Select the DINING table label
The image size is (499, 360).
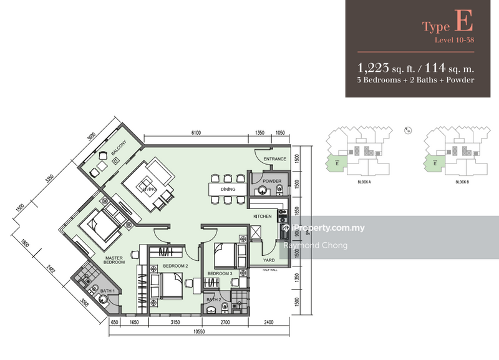(x=226, y=188)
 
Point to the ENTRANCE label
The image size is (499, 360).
(x=274, y=159)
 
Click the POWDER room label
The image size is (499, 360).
(x=272, y=182)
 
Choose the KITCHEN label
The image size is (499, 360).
(x=263, y=216)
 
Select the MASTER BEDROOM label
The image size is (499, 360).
(x=114, y=259)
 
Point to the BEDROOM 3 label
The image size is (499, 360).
(x=220, y=273)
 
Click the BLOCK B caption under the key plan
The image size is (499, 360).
(x=462, y=182)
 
